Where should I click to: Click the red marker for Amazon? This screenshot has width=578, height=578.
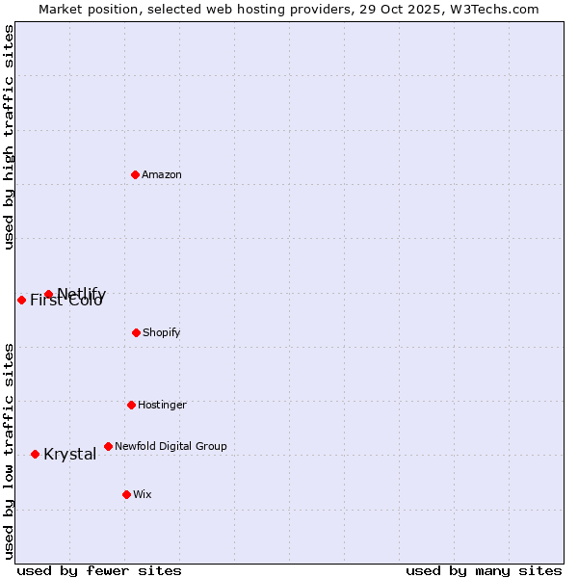click(135, 174)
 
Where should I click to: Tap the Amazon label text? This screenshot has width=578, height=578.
click(162, 175)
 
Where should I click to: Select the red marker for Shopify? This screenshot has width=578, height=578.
click(136, 332)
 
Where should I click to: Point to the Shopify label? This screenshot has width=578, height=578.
click(162, 333)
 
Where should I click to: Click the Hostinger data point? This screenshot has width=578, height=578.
click(131, 405)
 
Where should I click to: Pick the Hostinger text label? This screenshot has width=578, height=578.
click(162, 406)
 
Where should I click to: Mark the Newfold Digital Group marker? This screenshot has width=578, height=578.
click(108, 446)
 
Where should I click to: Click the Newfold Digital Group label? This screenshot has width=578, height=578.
click(171, 447)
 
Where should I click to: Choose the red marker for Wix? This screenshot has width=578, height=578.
click(126, 494)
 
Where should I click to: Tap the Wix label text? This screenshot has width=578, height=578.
click(143, 495)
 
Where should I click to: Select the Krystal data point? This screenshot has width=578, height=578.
click(35, 454)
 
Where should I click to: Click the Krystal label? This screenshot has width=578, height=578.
click(69, 455)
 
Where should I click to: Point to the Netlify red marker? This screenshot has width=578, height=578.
click(48, 294)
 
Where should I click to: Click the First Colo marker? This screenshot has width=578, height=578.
click(21, 300)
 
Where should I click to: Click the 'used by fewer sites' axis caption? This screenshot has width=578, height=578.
click(99, 571)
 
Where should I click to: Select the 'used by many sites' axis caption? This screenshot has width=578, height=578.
click(484, 571)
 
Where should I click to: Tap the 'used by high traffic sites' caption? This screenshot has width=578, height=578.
click(10, 137)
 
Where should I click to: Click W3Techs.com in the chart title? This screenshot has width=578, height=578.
click(494, 9)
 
